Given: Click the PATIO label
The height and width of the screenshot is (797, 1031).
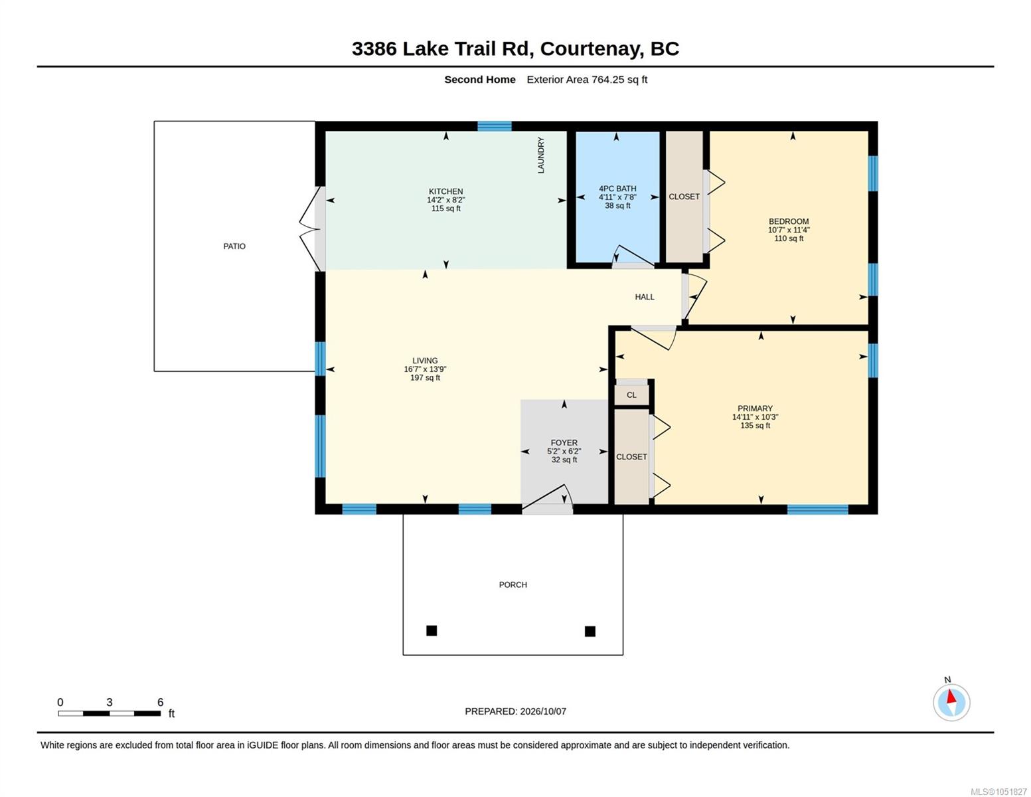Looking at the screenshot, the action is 234,246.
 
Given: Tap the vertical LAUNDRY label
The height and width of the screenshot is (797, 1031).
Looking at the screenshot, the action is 540,155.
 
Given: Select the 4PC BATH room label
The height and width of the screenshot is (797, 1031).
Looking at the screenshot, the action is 617,189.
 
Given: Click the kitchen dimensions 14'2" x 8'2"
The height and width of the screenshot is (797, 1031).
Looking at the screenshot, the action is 445,200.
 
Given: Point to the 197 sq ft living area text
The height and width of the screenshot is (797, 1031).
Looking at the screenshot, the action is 425,377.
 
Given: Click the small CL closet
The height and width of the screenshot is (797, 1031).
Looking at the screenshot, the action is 631,395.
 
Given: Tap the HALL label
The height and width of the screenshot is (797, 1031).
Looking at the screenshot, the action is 645,297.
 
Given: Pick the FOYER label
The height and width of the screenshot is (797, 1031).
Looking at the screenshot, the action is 564,442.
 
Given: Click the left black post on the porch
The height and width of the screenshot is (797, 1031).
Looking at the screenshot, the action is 432,630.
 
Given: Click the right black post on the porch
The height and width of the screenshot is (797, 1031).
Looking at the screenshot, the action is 590,631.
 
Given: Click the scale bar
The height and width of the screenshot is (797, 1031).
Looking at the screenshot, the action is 109,713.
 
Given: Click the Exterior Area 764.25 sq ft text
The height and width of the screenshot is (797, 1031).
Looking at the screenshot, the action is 586,79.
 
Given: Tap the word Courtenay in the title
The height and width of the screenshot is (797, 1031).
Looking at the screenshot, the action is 592,49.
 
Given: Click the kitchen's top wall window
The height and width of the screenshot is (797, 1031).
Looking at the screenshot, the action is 494,126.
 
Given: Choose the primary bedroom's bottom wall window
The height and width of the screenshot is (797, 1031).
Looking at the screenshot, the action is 817,509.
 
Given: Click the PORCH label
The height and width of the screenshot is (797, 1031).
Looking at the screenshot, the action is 513,584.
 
